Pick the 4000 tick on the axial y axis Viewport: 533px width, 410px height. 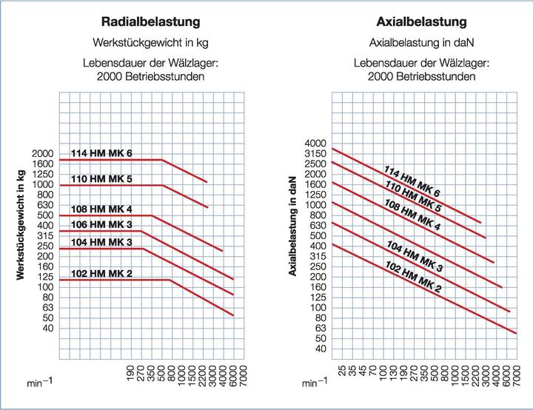tap(315, 143)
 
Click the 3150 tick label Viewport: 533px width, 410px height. tap(315, 153)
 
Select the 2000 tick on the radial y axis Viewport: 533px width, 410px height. tap(41, 153)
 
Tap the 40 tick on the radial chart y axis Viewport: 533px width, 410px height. tap(47, 328)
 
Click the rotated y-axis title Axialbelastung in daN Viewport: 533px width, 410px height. tap(293, 225)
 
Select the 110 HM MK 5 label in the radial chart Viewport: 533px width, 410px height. tap(101, 179)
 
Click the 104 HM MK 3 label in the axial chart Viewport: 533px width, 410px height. tap(414, 255)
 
